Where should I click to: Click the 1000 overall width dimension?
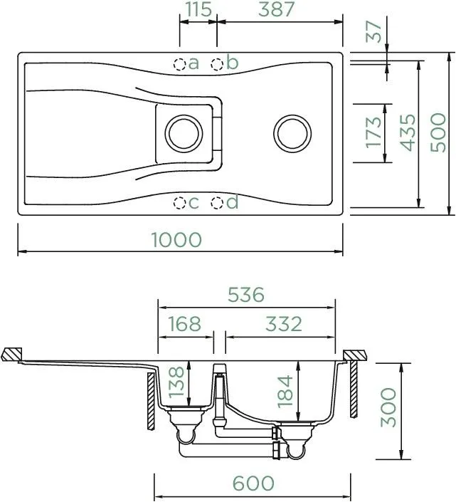[x=176, y=239]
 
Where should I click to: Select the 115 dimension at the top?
[x=198, y=9]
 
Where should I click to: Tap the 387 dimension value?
[x=276, y=9]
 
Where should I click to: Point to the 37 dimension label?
[x=373, y=31]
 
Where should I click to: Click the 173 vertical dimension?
[x=373, y=132]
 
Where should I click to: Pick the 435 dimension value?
[x=408, y=132]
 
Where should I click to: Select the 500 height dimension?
[x=438, y=132]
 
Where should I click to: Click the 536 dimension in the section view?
[x=246, y=295]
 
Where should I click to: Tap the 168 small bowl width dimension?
[x=184, y=324]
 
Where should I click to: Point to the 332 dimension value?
[x=284, y=324]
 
